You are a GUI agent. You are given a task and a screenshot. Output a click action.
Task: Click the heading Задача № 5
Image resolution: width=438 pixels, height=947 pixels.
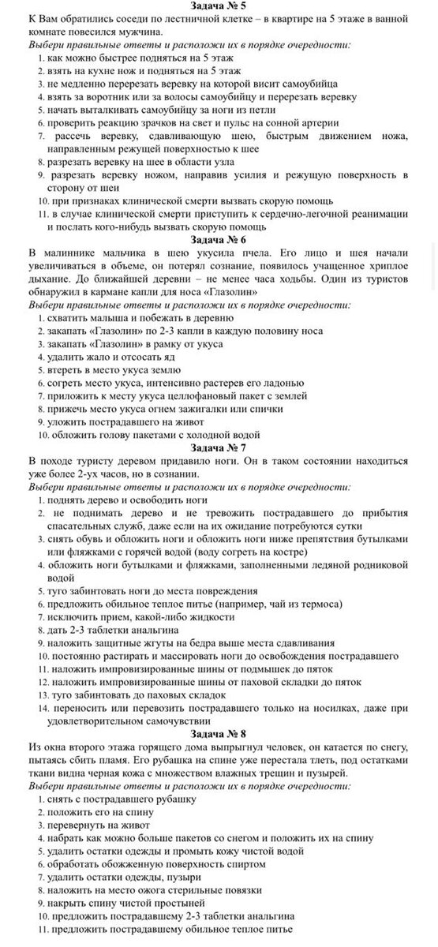(x=219, y=7)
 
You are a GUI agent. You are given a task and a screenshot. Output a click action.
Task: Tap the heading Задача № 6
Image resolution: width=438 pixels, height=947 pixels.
(x=219, y=238)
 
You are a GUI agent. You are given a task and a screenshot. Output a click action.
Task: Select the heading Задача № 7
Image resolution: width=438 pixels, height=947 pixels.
(x=219, y=447)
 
